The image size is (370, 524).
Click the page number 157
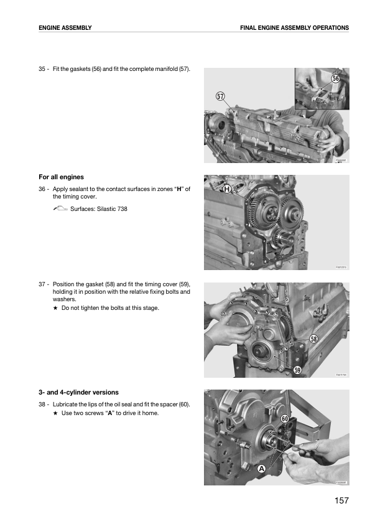click(x=341, y=500)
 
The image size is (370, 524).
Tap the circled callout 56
click(x=336, y=78)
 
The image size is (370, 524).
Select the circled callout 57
click(x=220, y=96)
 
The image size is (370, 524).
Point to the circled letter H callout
click(x=227, y=189)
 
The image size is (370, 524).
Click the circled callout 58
click(x=313, y=339)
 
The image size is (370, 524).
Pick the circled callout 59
click(x=297, y=370)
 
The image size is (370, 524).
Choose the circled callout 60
click(x=285, y=419)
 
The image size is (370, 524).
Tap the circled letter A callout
click(x=261, y=469)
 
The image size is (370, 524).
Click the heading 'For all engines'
click(x=61, y=177)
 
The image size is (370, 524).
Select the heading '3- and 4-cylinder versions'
click(x=78, y=392)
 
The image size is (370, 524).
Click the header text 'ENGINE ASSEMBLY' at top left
click(x=65, y=28)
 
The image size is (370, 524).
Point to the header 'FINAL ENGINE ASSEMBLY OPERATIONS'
click(x=295, y=28)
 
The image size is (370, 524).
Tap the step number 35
click(x=42, y=69)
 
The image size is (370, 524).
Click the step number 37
click(x=42, y=284)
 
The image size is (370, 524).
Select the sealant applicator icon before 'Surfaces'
click(x=60, y=208)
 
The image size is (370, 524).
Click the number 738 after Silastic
click(x=123, y=209)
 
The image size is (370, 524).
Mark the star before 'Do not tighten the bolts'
click(x=55, y=308)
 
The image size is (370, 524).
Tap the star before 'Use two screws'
click(x=55, y=413)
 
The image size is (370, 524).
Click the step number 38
click(x=42, y=405)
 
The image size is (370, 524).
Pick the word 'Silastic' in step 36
click(x=106, y=209)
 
